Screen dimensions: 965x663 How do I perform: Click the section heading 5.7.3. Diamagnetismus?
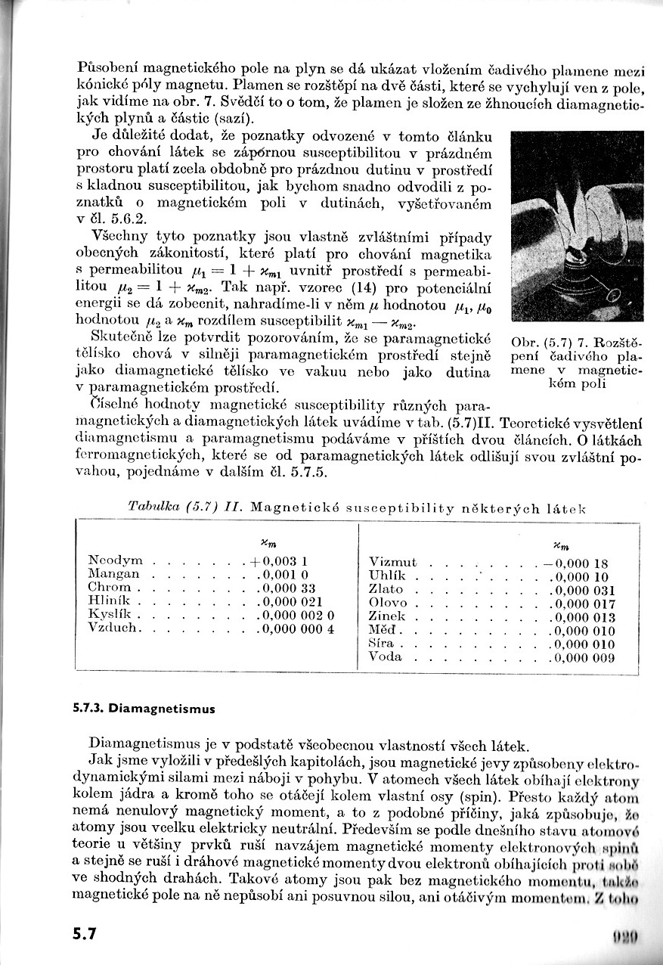(144, 709)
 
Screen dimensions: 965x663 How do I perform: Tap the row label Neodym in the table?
(115, 560)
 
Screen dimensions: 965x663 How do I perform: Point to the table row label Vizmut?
(392, 562)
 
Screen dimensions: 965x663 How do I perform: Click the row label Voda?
(385, 656)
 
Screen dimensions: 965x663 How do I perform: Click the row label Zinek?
(388, 616)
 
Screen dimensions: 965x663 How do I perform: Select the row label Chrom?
(110, 588)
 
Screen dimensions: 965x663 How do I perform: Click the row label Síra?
(381, 643)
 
